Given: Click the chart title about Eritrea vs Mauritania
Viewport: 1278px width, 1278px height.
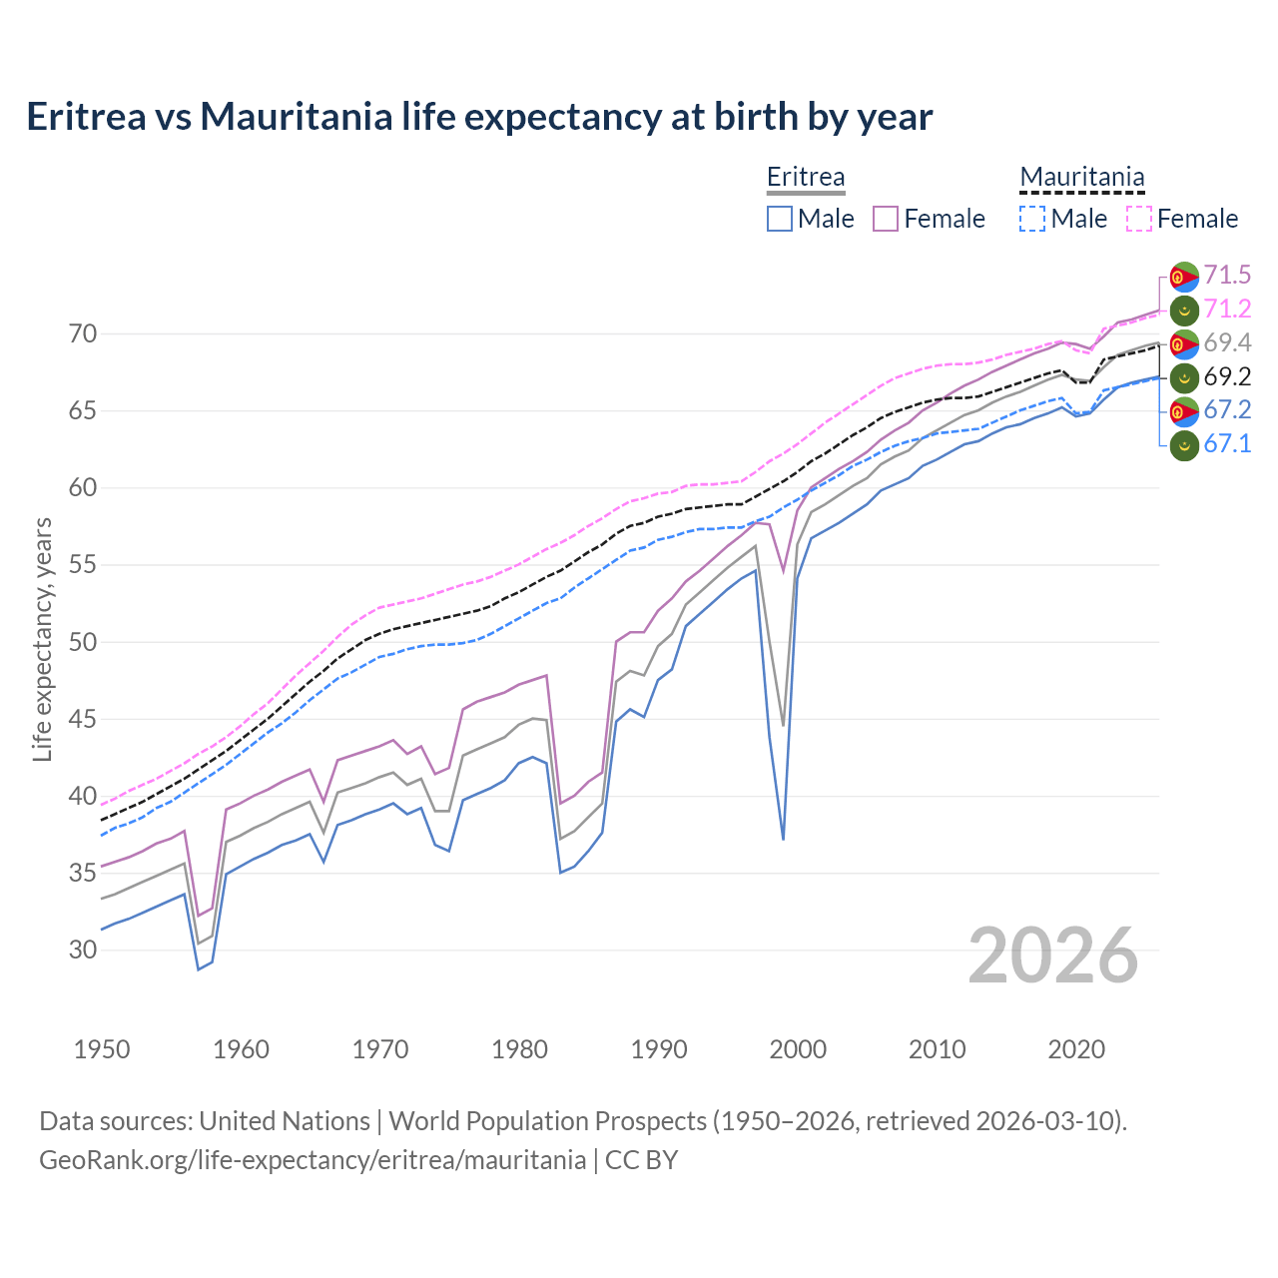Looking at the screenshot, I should click(x=479, y=117).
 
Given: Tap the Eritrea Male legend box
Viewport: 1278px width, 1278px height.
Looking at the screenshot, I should click(x=780, y=219).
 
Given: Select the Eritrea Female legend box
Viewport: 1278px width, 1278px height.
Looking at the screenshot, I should click(x=886, y=219).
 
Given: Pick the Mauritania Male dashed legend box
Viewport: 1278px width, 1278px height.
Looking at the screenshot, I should click(x=1032, y=219).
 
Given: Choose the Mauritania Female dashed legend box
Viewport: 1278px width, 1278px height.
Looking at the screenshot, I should click(x=1139, y=219).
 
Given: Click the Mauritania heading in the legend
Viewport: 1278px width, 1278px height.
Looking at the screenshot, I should click(x=1081, y=178).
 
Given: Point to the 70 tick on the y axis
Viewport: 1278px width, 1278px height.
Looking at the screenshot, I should click(x=83, y=333).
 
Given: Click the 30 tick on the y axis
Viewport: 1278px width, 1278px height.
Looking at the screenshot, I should click(x=83, y=950).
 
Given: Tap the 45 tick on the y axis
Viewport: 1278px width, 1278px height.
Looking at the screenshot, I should click(x=83, y=719).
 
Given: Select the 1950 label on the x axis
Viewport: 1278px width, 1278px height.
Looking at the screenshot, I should click(x=102, y=1049).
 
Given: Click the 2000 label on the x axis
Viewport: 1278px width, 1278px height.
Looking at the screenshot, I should click(x=798, y=1049).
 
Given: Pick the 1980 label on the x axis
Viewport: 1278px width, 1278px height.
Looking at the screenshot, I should click(x=519, y=1049).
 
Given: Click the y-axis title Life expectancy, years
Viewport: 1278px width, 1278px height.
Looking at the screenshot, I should click(x=42, y=639).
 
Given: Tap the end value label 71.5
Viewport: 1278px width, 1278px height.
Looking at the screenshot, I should click(x=1227, y=276).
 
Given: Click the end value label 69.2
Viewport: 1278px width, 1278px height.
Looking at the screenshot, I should click(x=1227, y=377).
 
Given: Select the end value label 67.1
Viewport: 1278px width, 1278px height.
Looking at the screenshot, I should click(x=1227, y=444).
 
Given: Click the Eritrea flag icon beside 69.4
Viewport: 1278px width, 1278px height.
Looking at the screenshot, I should click(x=1184, y=343).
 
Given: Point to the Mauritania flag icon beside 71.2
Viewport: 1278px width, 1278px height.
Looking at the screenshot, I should click(x=1184, y=310).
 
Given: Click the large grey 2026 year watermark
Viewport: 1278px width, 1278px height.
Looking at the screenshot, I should click(x=1052, y=956).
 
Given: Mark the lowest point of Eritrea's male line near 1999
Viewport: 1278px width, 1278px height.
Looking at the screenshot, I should click(x=783, y=839).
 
